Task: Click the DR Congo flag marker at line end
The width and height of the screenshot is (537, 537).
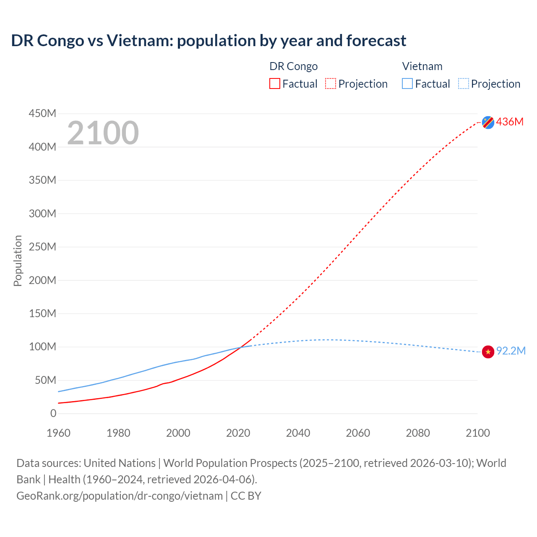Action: (x=488, y=122)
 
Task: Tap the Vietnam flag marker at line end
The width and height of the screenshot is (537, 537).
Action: (x=488, y=352)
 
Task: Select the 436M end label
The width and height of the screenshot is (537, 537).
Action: (x=510, y=122)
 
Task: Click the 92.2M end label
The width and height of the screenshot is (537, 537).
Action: (x=511, y=351)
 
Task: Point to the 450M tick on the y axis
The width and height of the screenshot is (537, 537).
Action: (x=42, y=113)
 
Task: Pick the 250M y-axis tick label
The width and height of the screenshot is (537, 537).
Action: (x=42, y=247)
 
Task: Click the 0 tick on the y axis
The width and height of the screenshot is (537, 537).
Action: (x=53, y=413)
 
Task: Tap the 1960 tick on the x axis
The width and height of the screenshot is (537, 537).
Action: (x=58, y=433)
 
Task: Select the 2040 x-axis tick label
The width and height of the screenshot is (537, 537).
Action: (x=298, y=433)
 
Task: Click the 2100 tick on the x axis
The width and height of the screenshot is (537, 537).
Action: (x=477, y=433)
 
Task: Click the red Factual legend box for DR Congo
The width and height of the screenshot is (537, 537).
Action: (x=274, y=84)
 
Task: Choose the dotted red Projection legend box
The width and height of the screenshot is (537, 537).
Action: (x=331, y=84)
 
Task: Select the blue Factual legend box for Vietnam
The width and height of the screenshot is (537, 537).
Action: (x=407, y=84)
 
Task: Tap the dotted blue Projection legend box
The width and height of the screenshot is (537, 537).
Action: (x=463, y=84)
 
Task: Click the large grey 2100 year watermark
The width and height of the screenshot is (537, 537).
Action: (x=103, y=133)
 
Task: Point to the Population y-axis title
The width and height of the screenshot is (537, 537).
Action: (x=18, y=261)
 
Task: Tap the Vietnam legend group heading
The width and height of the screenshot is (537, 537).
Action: (x=422, y=66)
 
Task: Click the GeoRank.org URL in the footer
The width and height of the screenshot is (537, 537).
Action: (x=120, y=495)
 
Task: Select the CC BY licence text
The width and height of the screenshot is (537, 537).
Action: (x=246, y=495)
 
